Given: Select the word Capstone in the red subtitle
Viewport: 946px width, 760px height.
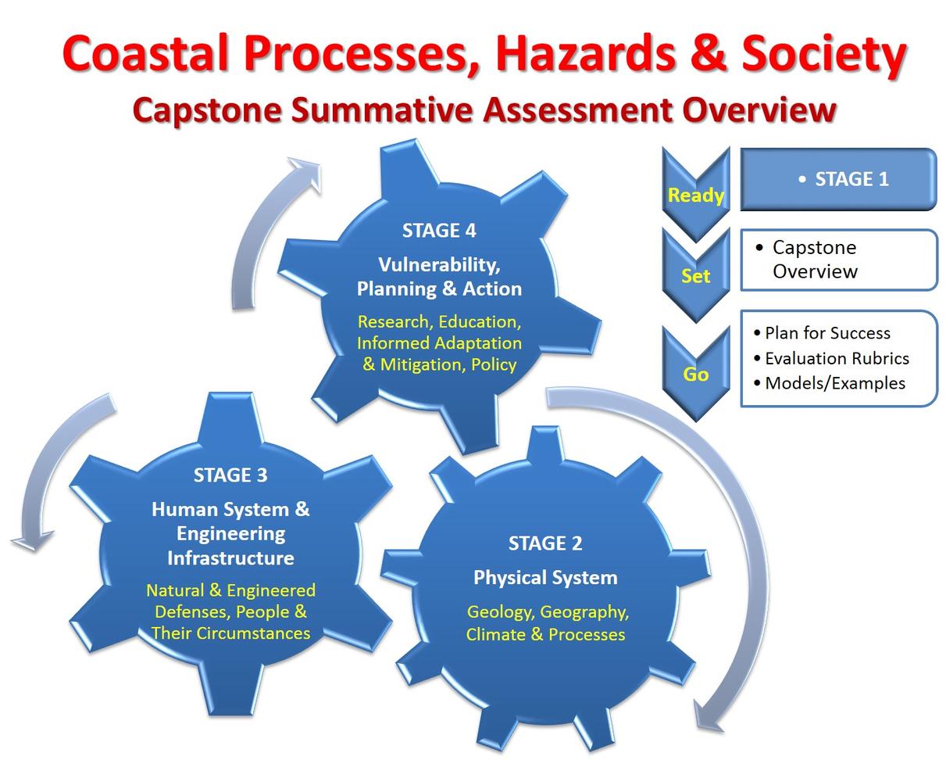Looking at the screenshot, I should coord(206,109).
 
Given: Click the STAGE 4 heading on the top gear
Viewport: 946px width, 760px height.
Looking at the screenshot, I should coord(439,231).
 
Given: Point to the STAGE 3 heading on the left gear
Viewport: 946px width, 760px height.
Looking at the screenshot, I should coord(230,475).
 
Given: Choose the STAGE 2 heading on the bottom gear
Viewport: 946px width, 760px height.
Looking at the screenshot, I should coord(545,543).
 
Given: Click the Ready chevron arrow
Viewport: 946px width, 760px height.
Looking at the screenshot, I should coord(695,194).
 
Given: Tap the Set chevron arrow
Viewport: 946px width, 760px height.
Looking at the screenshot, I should coord(695,275).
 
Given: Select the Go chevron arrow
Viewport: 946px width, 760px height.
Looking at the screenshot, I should coord(695,374).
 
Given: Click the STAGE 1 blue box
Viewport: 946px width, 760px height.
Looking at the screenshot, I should coord(838,179).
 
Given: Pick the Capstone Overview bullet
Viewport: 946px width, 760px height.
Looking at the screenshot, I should coord(814,260).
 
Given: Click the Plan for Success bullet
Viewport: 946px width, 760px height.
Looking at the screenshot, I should coord(826,333).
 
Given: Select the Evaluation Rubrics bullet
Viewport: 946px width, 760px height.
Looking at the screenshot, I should coord(836,358).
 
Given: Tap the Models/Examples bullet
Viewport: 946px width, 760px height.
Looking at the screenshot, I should coord(834,383).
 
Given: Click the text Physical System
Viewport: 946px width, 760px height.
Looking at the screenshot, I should coord(545,578).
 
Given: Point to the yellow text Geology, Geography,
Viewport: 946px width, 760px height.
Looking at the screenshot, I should coord(548,611).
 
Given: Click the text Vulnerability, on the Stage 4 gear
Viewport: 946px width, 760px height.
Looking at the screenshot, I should coord(439,264).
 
